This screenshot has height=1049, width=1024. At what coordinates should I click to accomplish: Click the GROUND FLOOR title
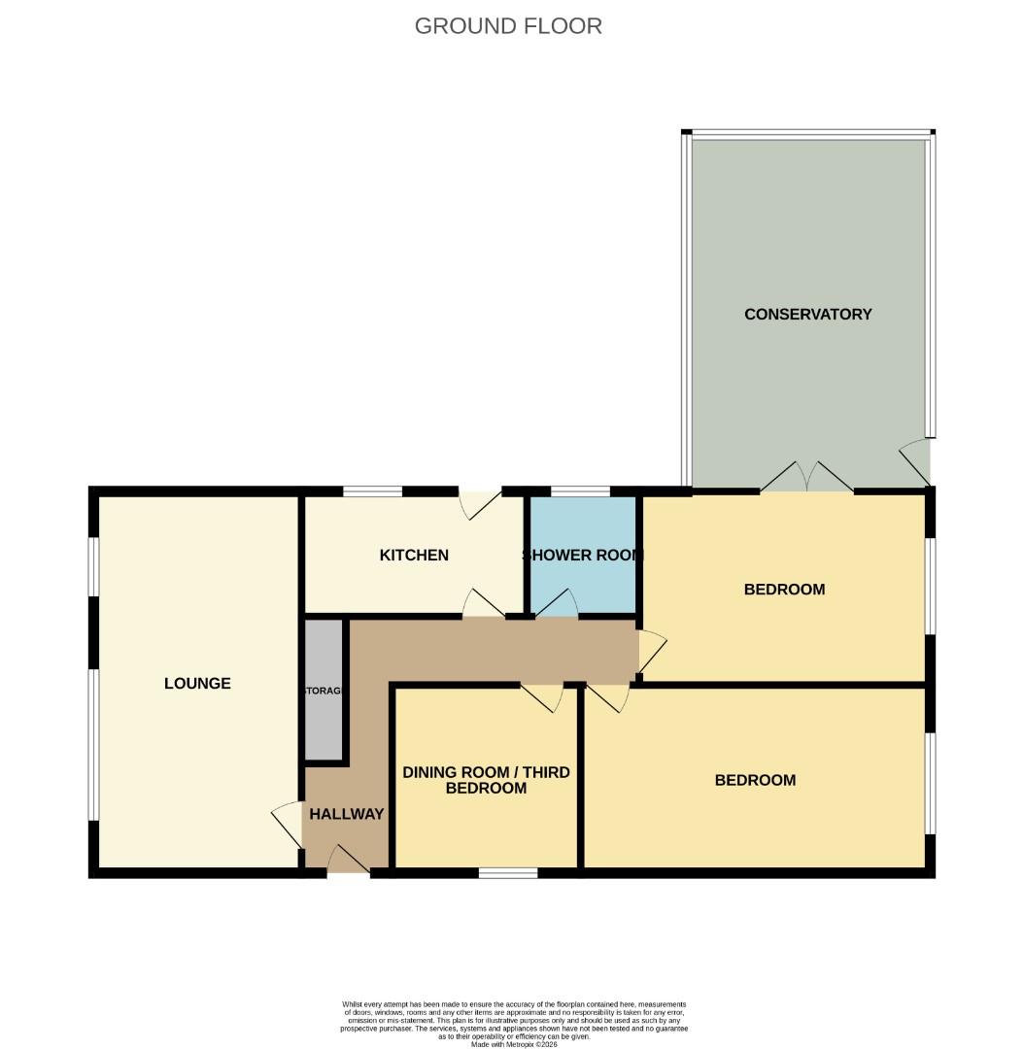click(508, 26)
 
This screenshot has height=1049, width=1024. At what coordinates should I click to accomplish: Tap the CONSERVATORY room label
click(807, 314)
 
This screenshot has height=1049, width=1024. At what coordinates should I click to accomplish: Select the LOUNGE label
click(197, 683)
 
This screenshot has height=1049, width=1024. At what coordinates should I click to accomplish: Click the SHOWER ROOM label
click(582, 556)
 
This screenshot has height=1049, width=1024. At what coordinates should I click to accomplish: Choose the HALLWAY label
click(347, 814)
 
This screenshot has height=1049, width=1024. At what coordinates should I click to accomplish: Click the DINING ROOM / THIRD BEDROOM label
click(486, 780)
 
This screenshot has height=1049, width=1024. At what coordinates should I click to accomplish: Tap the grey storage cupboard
click(324, 690)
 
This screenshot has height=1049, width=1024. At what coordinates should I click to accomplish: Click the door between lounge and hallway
click(288, 824)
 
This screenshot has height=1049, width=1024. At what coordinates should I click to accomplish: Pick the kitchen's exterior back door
click(480, 502)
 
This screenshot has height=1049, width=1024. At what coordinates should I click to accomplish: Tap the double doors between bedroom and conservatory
click(806, 478)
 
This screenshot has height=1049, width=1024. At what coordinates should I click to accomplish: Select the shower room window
click(580, 491)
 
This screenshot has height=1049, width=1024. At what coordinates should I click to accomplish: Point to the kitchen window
click(373, 491)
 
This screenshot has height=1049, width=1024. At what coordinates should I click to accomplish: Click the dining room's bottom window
click(508, 873)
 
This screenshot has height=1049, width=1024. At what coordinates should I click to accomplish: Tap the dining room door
click(542, 696)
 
